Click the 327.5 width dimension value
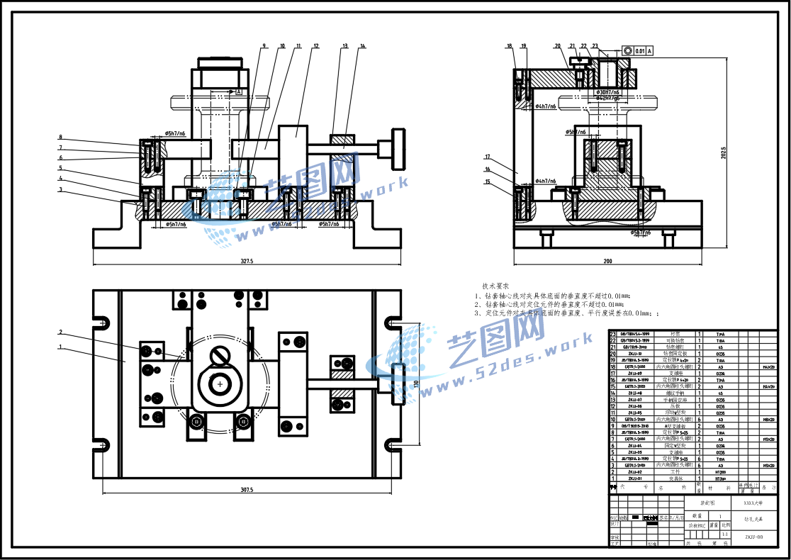247,261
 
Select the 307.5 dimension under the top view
247,489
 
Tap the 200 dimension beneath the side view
607,261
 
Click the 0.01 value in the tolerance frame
640,51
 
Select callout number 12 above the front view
316,46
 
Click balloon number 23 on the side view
595,46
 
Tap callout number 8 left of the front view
61,137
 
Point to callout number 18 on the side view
509,46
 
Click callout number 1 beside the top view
61,347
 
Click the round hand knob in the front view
391,148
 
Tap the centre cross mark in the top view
220,383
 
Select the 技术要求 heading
495,286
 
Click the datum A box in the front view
239,92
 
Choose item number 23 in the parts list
614,333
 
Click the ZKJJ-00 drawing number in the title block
753,537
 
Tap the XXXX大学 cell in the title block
753,502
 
